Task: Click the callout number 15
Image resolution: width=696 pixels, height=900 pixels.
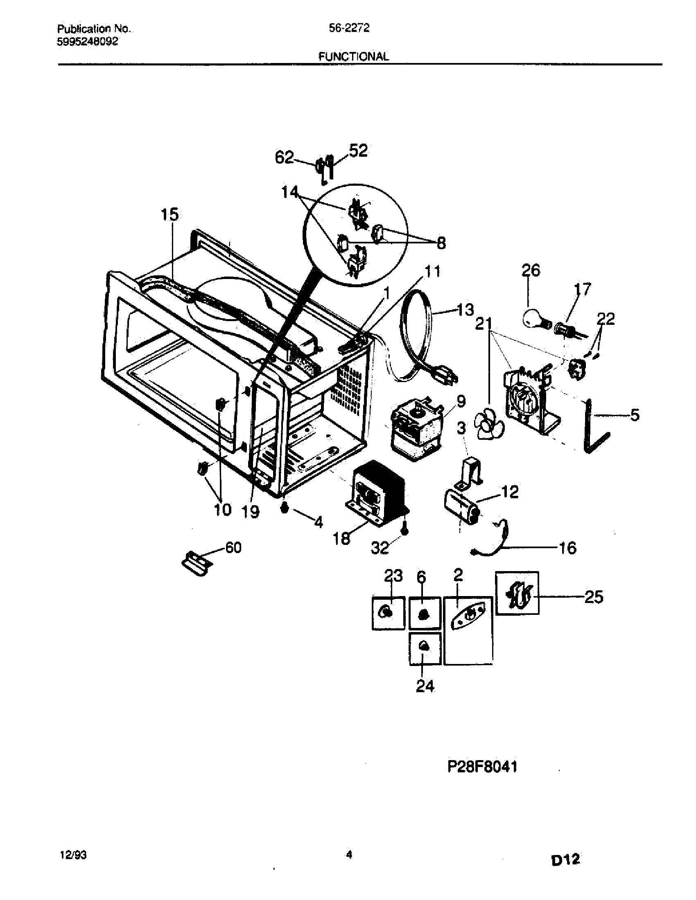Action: (x=169, y=215)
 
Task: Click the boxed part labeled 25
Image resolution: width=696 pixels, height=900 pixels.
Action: (x=517, y=594)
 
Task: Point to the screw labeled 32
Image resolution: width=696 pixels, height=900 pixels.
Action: (x=405, y=531)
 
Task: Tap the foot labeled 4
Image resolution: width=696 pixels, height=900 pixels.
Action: (x=284, y=509)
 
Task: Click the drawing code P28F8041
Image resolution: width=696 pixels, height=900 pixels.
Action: (x=482, y=767)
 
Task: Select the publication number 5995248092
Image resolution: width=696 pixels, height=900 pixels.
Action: (x=88, y=41)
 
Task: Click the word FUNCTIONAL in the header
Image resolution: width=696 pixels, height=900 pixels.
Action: (x=353, y=56)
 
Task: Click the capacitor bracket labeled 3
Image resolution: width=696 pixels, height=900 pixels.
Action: (x=471, y=470)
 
